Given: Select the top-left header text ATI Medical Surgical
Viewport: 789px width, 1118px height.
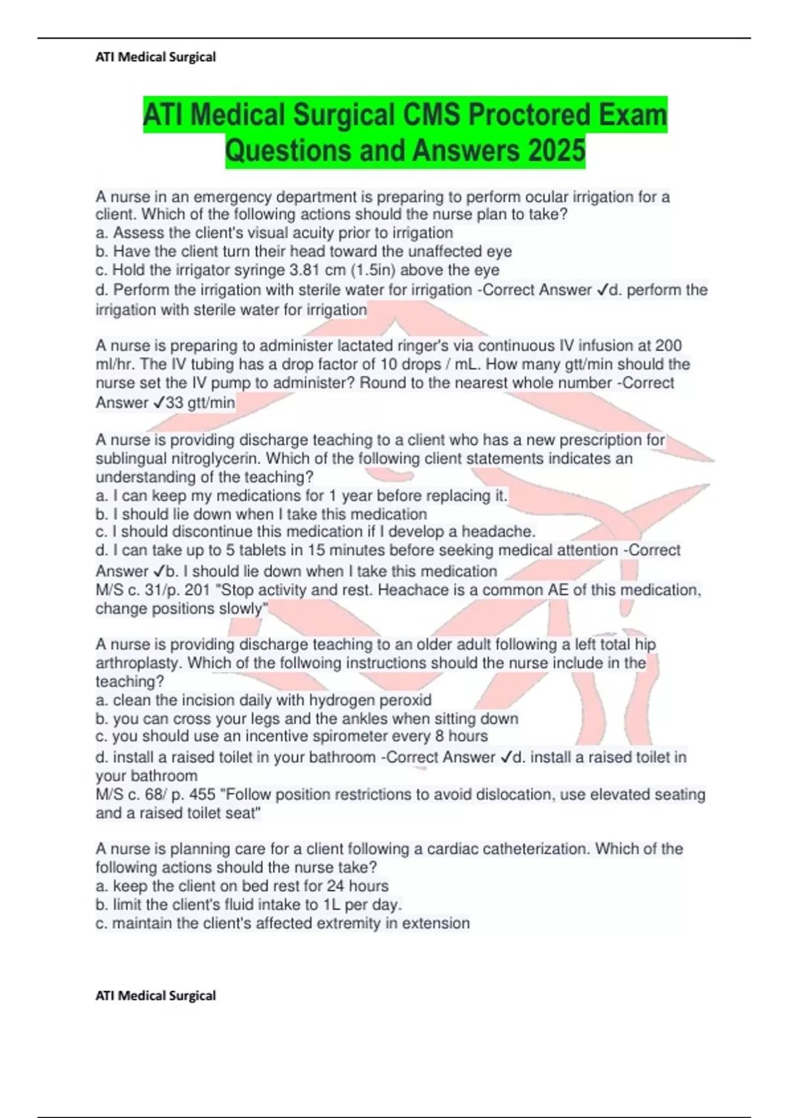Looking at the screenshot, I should (x=156, y=57).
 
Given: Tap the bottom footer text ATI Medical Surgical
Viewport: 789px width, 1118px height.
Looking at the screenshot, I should (x=156, y=996).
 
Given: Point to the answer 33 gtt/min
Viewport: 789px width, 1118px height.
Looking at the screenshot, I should (x=201, y=402).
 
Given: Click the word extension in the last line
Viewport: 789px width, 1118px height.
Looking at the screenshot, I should (x=436, y=923).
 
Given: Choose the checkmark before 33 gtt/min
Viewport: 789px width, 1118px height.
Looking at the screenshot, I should (x=158, y=402).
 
